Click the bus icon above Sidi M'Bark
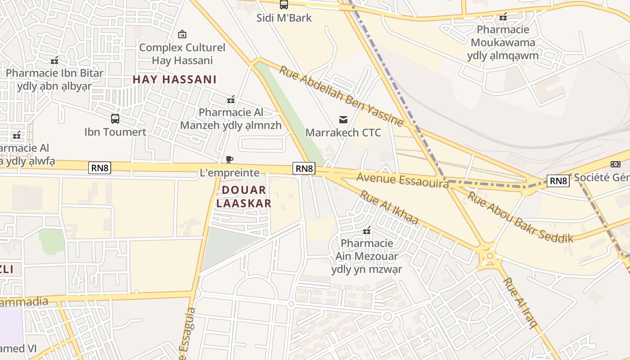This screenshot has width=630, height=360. point(283,5)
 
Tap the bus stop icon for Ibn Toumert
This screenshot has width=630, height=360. point(115,119)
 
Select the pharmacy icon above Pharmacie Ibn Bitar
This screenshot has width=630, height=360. point(54,60)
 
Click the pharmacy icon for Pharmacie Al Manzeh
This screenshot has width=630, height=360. point(231,99)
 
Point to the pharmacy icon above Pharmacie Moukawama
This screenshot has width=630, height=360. point(503,17)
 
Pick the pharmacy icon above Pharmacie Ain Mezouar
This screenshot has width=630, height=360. point(367,230)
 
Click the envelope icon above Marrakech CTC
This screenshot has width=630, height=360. point(343,119)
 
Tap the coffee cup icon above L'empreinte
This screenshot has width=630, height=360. point(229,159)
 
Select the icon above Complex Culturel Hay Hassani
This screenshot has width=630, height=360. point(182,34)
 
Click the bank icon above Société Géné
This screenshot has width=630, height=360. point(615,164)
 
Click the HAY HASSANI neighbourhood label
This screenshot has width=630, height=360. point(175,80)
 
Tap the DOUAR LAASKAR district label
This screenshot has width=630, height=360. point(244,197)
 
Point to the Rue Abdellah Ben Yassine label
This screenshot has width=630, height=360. point(341,96)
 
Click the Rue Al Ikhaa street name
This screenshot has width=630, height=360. point(390,207)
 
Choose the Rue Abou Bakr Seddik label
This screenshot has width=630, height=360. point(520,217)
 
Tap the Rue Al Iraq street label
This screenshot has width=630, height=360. point(520,303)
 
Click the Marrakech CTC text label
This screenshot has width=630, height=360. point(343,133)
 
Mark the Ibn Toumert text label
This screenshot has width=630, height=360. point(115,132)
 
